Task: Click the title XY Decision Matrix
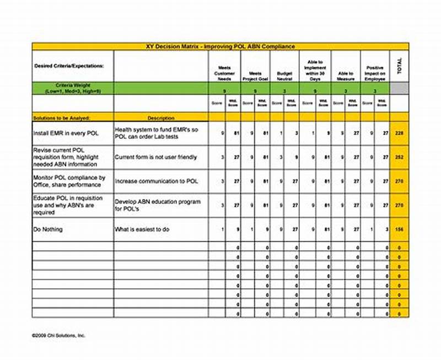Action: pos(220,46)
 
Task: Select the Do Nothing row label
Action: pos(48,229)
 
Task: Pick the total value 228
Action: pos(399,133)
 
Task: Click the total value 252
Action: pos(399,157)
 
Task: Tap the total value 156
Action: pos(399,229)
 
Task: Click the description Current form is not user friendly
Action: pos(156,157)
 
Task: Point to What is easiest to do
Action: pos(142,229)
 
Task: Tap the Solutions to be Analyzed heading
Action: pos(61,118)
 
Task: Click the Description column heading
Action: pos(161,118)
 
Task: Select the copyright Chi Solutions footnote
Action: pos(58,335)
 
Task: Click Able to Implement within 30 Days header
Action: pos(315,71)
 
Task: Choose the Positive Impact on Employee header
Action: pos(375,73)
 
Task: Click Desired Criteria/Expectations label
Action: pos(69,65)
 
